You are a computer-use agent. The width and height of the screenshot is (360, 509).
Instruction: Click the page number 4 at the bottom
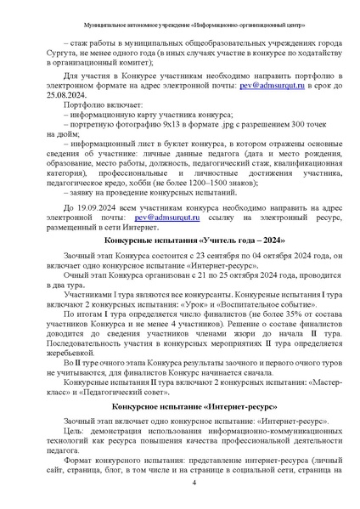point(194,483)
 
